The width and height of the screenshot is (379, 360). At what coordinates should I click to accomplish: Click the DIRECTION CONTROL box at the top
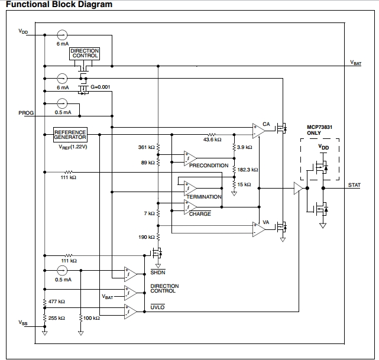pos(85,54)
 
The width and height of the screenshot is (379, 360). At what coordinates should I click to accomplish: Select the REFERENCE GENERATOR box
pos(70,134)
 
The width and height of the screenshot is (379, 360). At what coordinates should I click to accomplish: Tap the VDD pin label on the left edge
pos(24,32)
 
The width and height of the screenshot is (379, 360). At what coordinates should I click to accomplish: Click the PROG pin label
pos(27,112)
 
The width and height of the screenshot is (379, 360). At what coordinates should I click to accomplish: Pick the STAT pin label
pos(355,186)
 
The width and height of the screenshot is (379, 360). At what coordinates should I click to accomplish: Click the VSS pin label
pos(23,322)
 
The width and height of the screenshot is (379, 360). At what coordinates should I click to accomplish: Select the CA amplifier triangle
pos(258,129)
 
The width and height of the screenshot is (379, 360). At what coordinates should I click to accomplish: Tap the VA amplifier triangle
pos(258,229)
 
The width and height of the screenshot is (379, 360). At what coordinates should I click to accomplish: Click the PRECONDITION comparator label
pos(209,166)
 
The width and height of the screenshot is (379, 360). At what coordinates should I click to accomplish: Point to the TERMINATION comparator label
pos(204,197)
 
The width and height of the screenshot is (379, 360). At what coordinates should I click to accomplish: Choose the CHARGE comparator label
pos(200,213)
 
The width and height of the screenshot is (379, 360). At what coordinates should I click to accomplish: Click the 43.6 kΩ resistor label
pos(212,140)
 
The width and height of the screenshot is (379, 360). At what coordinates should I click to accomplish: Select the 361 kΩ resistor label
pos(146,147)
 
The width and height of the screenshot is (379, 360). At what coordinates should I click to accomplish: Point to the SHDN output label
pos(158,273)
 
